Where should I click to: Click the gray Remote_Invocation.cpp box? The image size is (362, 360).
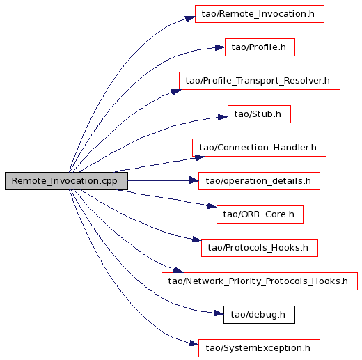pyautogui.click(x=66, y=181)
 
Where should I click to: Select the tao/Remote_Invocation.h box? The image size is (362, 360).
pyautogui.click(x=260, y=14)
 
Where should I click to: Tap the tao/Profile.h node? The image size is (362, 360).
pyautogui.click(x=260, y=47)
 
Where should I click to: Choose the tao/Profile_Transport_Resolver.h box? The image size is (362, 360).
pyautogui.click(x=260, y=81)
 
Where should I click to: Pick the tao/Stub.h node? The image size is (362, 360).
pyautogui.click(x=259, y=114)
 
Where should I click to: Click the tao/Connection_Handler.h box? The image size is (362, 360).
pyautogui.click(x=259, y=148)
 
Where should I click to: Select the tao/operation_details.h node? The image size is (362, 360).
pyautogui.click(x=259, y=181)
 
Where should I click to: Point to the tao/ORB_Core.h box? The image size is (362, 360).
pyautogui.click(x=260, y=214)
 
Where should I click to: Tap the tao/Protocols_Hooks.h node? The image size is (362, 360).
pyautogui.click(x=260, y=248)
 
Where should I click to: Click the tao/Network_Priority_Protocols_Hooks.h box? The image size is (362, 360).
pyautogui.click(x=260, y=281)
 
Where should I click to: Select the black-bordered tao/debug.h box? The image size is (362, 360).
pyautogui.click(x=259, y=315)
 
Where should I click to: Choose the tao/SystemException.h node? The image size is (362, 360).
pyautogui.click(x=259, y=348)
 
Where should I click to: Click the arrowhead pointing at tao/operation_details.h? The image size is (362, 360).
pyautogui.click(x=194, y=180)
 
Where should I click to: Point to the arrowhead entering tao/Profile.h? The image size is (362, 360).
pyautogui.click(x=220, y=47)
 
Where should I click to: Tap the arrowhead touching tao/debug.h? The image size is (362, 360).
pyautogui.click(x=219, y=313)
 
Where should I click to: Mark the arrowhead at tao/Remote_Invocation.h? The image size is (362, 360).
pyautogui.click(x=190, y=18)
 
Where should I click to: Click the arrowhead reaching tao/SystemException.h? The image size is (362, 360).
pyautogui.click(x=194, y=343)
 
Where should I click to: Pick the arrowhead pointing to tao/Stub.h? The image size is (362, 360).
pyautogui.click(x=223, y=117)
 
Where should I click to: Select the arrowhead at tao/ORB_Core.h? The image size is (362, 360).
pyautogui.click(x=212, y=205)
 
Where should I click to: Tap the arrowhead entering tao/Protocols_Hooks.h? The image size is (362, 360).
pyautogui.click(x=197, y=240)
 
